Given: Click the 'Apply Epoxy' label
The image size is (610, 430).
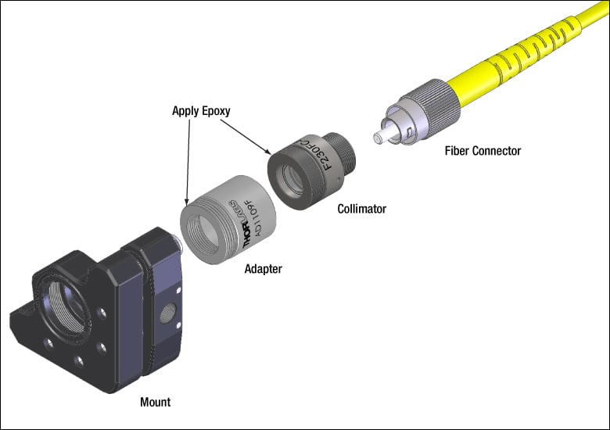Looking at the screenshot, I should point(201,111).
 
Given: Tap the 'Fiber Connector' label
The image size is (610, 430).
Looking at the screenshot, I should point(482,151).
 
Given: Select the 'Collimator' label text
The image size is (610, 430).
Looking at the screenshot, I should point(361,209).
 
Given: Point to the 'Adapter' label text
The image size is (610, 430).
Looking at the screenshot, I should point(263,269).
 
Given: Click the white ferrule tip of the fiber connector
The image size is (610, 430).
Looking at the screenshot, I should point(378,138).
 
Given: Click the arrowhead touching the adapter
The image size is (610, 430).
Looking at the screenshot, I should point(186,202).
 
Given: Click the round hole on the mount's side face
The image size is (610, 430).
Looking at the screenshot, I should point(165,316).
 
